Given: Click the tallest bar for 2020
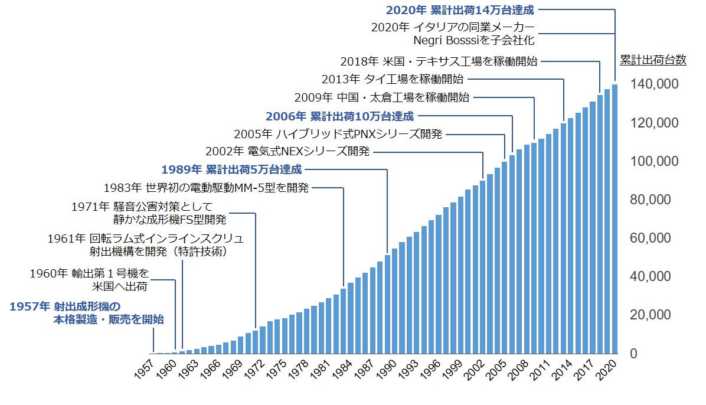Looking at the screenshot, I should pos(615,218).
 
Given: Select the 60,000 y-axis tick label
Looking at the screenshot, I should pos(658,238).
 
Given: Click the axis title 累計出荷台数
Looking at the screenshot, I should pos(653,60).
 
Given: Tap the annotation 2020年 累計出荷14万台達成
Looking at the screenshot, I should pos(460,9).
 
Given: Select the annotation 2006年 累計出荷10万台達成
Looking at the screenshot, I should pos(339,116).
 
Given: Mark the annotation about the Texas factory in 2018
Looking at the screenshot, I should pos(439,60).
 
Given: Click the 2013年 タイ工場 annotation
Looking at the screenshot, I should pos(393,79).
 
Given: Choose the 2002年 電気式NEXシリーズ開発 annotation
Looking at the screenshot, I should pos(287,152).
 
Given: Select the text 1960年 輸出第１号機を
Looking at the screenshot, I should pos(89,273).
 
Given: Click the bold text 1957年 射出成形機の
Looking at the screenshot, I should pos(65,306).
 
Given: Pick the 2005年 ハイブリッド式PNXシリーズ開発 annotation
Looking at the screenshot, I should pos(338,134).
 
